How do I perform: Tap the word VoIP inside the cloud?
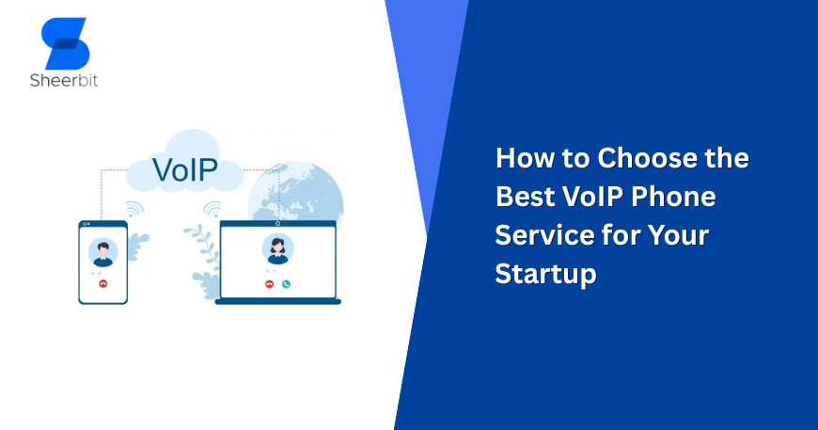tap(184, 171)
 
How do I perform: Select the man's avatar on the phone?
tap(102, 252)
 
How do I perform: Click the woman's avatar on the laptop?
tap(277, 249)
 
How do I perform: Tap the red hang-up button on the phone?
tap(102, 283)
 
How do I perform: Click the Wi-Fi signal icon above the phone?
tap(134, 209)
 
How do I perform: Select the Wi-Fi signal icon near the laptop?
tap(212, 209)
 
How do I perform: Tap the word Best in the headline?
tap(525, 198)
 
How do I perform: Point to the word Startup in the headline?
tap(545, 275)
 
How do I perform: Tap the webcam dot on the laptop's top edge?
tap(277, 224)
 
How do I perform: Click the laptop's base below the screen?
tap(277, 301)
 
